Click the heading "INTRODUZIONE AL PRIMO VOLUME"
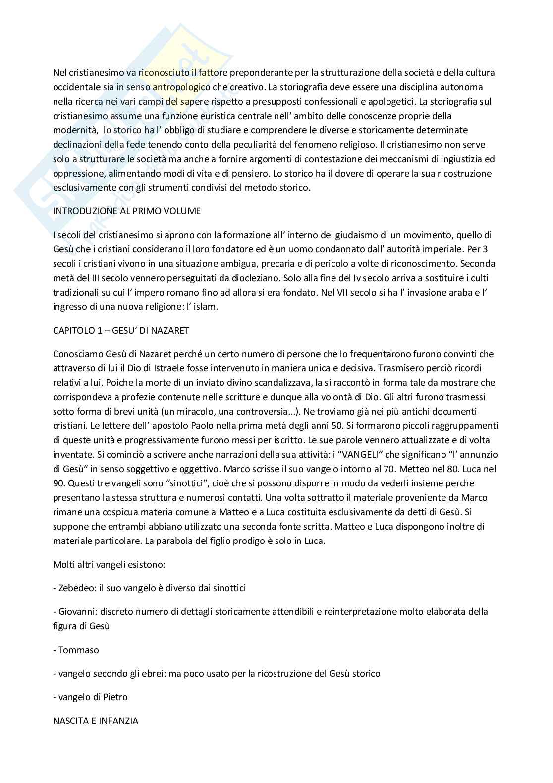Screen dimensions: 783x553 (127, 211)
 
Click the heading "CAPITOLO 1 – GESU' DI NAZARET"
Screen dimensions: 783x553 (121, 330)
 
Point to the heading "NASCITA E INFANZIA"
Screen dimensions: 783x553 (96, 721)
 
